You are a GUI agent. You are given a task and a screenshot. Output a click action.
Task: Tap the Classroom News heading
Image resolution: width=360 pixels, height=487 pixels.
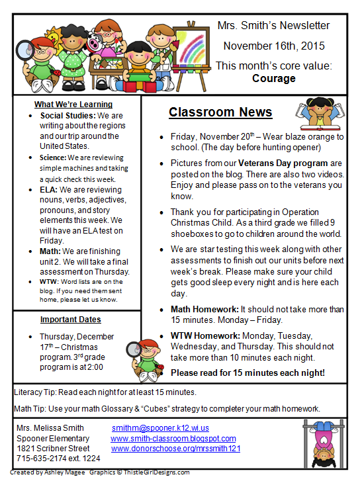tap(220, 112)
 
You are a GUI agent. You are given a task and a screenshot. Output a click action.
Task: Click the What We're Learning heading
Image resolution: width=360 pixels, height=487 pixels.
tap(73, 105)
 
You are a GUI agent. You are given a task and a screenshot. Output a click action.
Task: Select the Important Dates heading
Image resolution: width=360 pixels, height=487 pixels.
tap(70, 320)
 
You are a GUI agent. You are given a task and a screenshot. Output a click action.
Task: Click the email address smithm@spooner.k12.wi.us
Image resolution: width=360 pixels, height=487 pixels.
tap(160, 428)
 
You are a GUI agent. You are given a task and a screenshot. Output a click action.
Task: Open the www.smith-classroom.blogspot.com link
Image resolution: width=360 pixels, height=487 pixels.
tap(173, 438)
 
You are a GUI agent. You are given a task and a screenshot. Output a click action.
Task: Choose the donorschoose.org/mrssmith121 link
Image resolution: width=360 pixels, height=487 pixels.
tap(175, 448)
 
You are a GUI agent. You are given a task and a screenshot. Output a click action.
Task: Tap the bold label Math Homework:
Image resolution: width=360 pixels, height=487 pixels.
tap(204, 309)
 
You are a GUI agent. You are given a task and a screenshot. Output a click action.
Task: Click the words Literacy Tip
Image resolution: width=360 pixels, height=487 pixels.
tap(33, 392)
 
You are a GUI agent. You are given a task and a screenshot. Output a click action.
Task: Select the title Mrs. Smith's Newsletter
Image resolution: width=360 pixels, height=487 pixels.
tap(273, 26)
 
